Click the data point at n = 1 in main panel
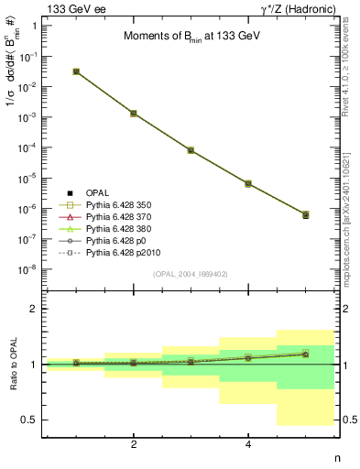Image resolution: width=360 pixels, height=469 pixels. (76, 71)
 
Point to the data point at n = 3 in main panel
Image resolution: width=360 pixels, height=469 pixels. (191, 149)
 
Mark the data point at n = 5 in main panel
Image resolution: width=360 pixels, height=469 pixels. (305, 214)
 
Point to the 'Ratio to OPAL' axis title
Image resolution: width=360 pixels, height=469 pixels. (14, 364)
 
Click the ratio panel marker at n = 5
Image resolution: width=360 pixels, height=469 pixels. (305, 353)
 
